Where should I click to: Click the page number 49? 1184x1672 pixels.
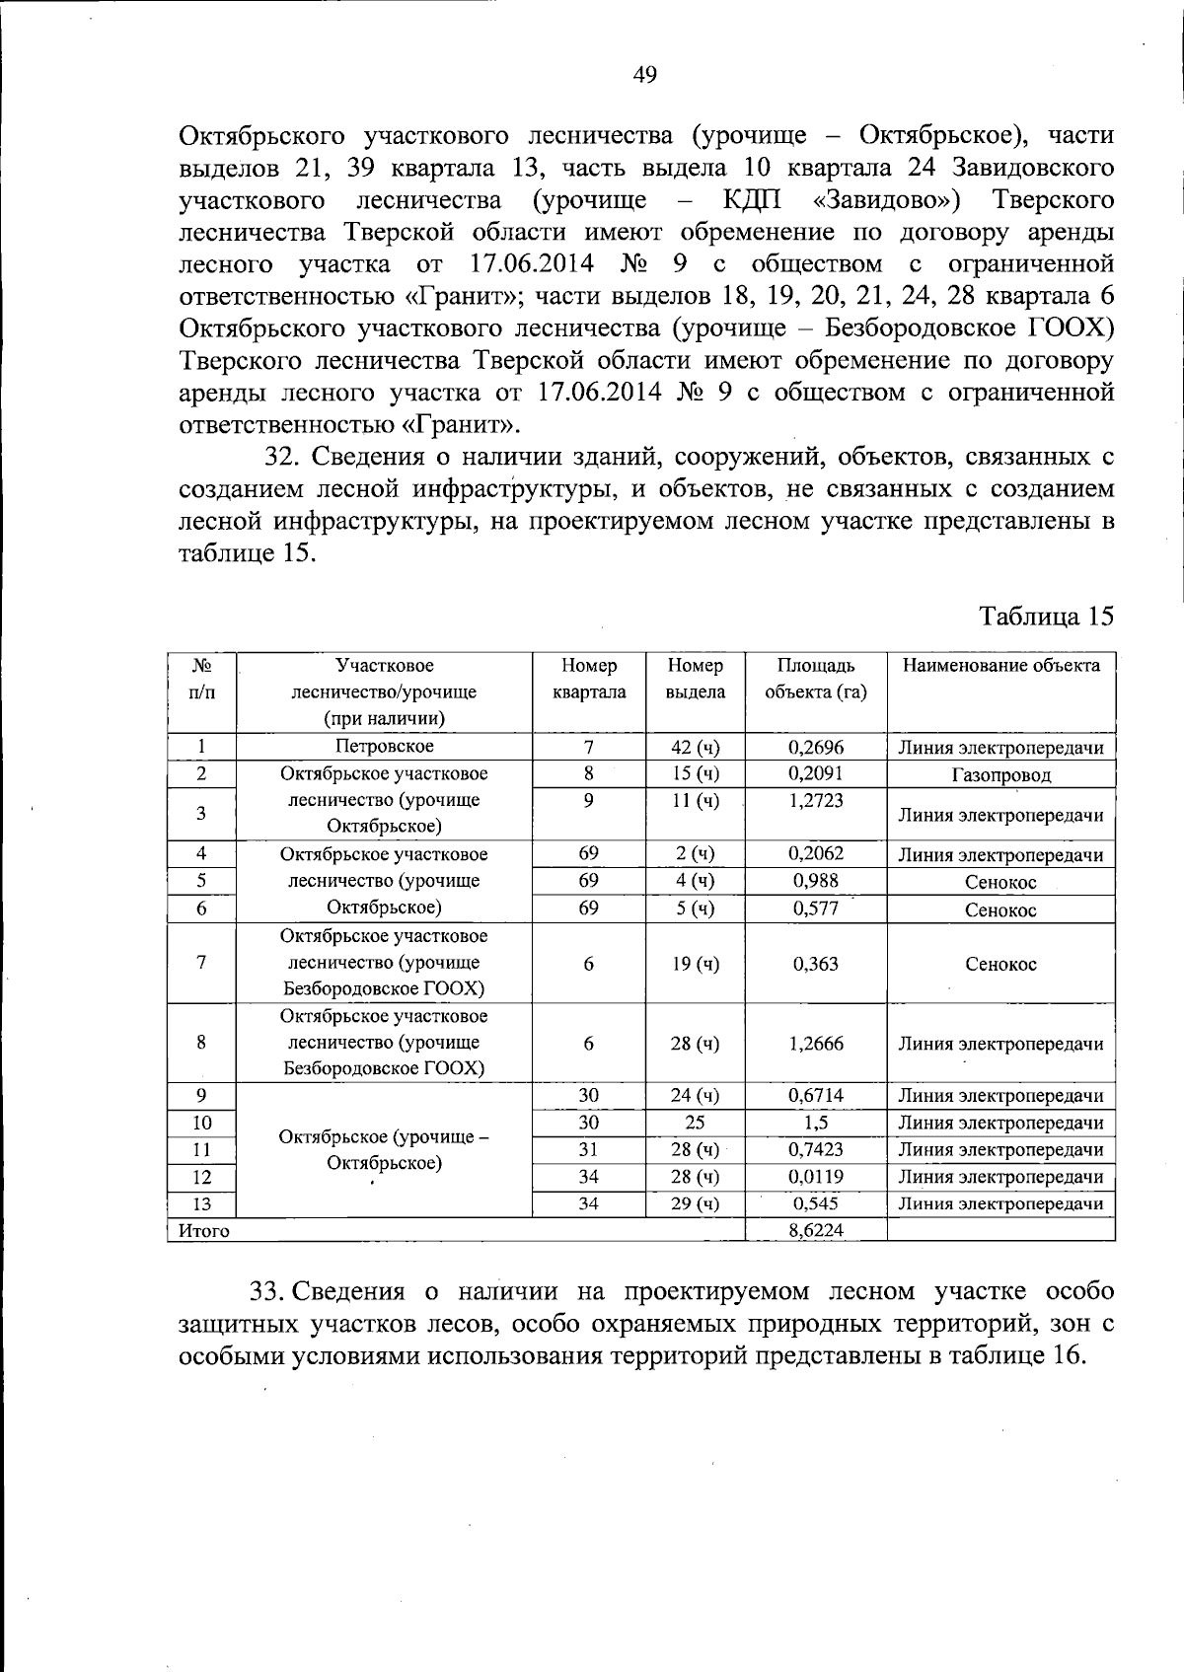pos(644,75)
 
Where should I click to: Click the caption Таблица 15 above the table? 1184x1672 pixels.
pos(1045,617)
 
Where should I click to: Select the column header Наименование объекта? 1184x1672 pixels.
pos(1000,666)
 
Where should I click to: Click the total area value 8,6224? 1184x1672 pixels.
pos(815,1230)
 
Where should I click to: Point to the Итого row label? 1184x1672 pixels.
pos(203,1231)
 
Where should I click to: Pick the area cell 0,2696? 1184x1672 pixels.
pos(816,748)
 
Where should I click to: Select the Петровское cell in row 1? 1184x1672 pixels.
pos(384,747)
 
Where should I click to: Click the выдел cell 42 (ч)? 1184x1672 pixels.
pos(695,748)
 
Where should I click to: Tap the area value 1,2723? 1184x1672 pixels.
pos(816,801)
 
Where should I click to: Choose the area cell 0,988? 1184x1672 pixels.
pos(816,881)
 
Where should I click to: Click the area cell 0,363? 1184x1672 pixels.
pos(816,964)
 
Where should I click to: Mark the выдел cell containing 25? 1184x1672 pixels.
pos(695,1123)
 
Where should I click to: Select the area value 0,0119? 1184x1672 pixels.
pos(816,1177)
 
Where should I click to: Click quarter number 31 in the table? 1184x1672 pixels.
pos(588,1149)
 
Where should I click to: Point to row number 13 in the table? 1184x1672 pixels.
pos(201,1204)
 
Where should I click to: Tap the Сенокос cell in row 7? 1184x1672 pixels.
pos(1000,965)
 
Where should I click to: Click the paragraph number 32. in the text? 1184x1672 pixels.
pos(286,457)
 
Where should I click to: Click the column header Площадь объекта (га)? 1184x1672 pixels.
pos(816,679)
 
